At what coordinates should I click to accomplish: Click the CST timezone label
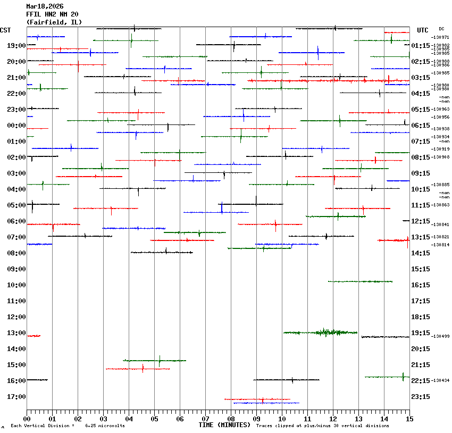[x=6, y=30]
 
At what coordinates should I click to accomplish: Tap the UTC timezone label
[x=423, y=30]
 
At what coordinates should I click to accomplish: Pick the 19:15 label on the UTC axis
[x=421, y=333]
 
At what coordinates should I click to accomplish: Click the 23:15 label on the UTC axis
[x=421, y=397]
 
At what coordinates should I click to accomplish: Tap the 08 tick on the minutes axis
[x=231, y=419]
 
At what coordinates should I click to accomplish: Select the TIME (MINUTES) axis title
[x=224, y=425]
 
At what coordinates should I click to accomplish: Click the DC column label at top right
[x=441, y=29]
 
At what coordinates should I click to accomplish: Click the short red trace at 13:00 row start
[x=34, y=336]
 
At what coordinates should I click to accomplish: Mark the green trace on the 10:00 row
[x=360, y=281]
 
